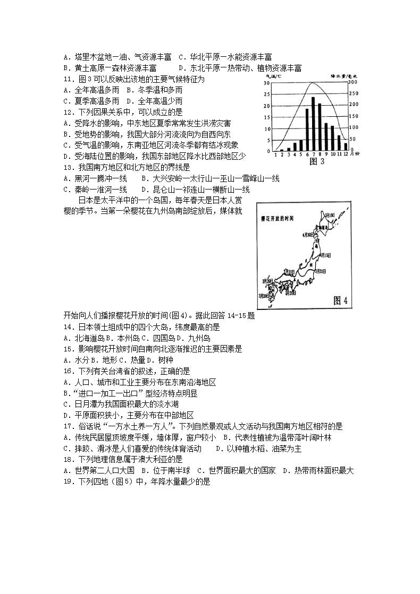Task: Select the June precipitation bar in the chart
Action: click(x=307, y=130)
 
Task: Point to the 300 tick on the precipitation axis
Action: click(x=353, y=83)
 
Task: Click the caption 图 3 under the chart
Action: click(x=316, y=161)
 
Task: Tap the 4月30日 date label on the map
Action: click(x=308, y=234)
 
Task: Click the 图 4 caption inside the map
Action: click(x=340, y=300)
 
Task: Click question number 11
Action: click(x=68, y=79)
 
